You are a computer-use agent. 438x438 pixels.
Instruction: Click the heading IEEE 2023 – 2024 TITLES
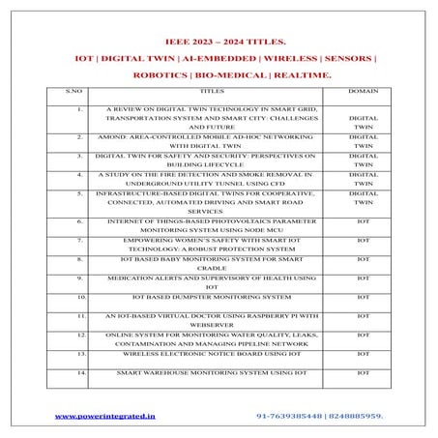click(218, 42)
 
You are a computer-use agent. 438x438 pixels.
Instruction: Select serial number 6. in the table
click(79, 221)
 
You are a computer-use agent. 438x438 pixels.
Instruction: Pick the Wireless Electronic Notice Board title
click(210, 353)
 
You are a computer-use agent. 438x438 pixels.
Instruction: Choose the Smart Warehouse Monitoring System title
click(211, 371)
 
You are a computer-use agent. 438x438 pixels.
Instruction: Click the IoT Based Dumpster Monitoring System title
click(211, 296)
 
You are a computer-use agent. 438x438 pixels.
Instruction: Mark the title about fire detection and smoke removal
click(210, 179)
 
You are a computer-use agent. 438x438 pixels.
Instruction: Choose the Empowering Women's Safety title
click(210, 244)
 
